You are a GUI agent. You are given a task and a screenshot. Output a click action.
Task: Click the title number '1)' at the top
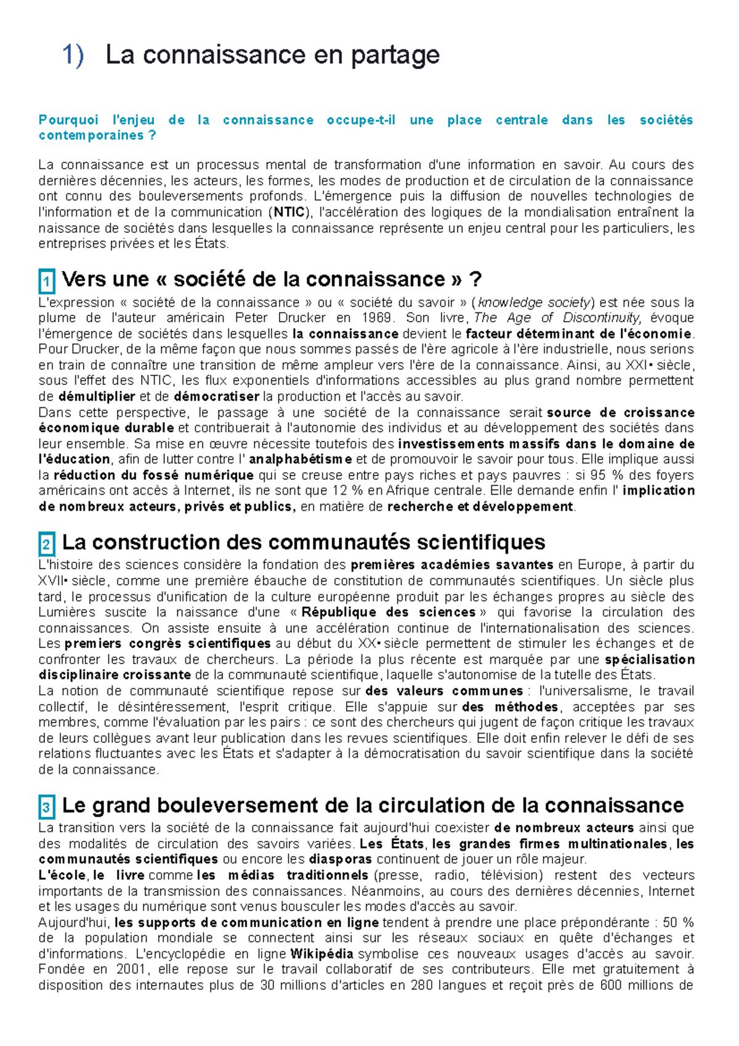click(73, 55)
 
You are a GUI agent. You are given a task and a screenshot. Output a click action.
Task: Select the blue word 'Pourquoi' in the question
click(68, 120)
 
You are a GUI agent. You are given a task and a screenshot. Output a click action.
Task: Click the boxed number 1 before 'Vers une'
click(46, 282)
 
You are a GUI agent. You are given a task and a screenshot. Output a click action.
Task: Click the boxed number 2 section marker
click(46, 545)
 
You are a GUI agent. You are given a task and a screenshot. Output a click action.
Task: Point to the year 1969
click(376, 318)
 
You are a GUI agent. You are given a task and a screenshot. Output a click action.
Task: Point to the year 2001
click(130, 970)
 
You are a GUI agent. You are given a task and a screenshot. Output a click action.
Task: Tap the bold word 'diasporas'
click(340, 859)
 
